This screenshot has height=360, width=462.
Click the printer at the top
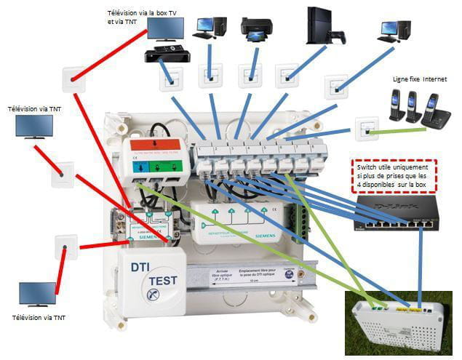[255, 27]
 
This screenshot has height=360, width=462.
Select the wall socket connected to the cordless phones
[363, 128]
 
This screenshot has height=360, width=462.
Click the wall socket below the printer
[250, 75]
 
